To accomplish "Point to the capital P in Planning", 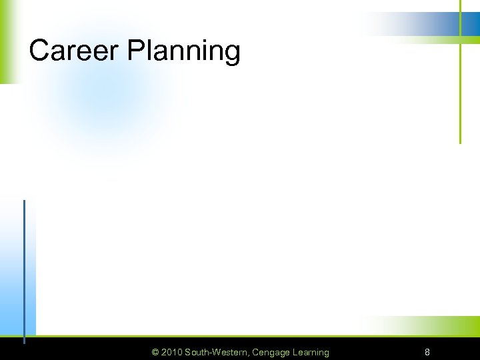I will [135, 51].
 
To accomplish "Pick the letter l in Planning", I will [148, 51].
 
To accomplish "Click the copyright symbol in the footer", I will [155, 352].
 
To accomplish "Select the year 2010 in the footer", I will [172, 352].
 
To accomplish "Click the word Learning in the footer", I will [310, 352].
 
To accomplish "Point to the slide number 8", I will [427, 352].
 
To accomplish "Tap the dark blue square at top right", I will [471, 23].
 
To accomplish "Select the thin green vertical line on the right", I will [460, 93].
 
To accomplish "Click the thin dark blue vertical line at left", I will [24, 267].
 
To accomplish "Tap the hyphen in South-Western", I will [209, 353].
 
